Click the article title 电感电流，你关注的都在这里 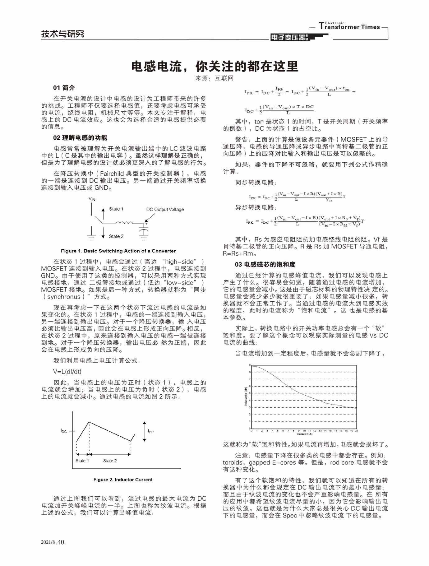pos(214,66)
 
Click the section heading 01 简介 pos(64,88)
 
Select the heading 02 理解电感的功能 pos(80,138)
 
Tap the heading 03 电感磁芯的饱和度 pos(265,264)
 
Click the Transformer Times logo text pos(349,27)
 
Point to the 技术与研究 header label pos(62,34)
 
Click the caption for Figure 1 pos(118,251)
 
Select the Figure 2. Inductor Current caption pos(123,480)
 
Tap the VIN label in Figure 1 pos(92,199)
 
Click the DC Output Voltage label pos(165,210)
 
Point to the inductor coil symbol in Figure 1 pos(124,223)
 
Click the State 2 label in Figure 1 pos(116,236)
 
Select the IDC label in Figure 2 pos(63,431)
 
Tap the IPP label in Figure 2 pos(150,431)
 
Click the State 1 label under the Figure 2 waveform pos(82,461)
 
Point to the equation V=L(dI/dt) pos(67,371)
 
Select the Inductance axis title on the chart pos(246,397)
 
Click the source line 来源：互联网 pos(214,78)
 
